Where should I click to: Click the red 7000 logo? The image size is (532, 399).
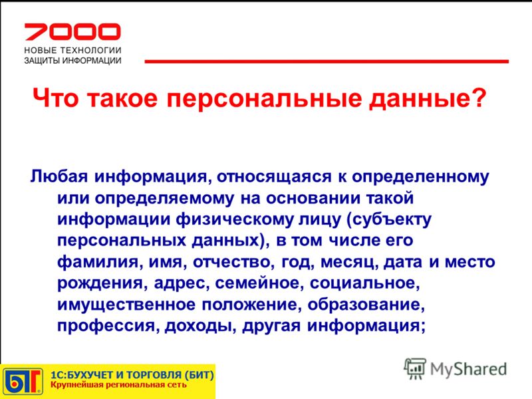(72, 31)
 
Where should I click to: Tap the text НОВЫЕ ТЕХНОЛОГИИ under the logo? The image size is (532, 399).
(72, 51)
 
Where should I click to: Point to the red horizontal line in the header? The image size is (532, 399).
(327, 61)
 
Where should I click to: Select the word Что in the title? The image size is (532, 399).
(55, 98)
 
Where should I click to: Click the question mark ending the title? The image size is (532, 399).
(478, 97)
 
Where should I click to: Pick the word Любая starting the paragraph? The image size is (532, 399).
(59, 176)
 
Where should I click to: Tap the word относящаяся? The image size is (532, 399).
(274, 177)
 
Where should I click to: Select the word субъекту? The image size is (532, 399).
(389, 220)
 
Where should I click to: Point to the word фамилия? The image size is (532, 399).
(98, 262)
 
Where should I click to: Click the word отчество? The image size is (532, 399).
(234, 262)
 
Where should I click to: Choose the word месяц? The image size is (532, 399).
(349, 263)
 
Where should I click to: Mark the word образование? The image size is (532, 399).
(366, 305)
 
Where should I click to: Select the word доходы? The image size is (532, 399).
(201, 326)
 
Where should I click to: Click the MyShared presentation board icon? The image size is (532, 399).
(415, 368)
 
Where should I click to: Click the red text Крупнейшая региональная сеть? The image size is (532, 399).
(118, 385)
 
